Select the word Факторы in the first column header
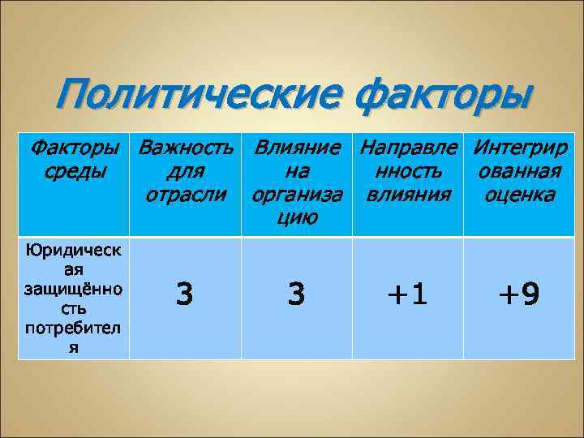click(x=74, y=148)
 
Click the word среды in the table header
click(x=74, y=171)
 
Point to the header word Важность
click(x=186, y=148)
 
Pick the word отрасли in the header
click(x=185, y=195)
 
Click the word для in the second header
click(x=185, y=171)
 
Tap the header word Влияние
click(x=296, y=148)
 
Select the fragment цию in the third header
click(x=296, y=217)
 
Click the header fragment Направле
click(x=408, y=148)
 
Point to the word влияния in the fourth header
click(x=407, y=195)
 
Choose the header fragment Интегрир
click(x=519, y=148)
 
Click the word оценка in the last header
click(x=519, y=195)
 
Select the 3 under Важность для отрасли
click(x=185, y=295)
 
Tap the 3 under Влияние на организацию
click(x=296, y=295)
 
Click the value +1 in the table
click(x=407, y=295)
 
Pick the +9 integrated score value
click(x=518, y=295)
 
